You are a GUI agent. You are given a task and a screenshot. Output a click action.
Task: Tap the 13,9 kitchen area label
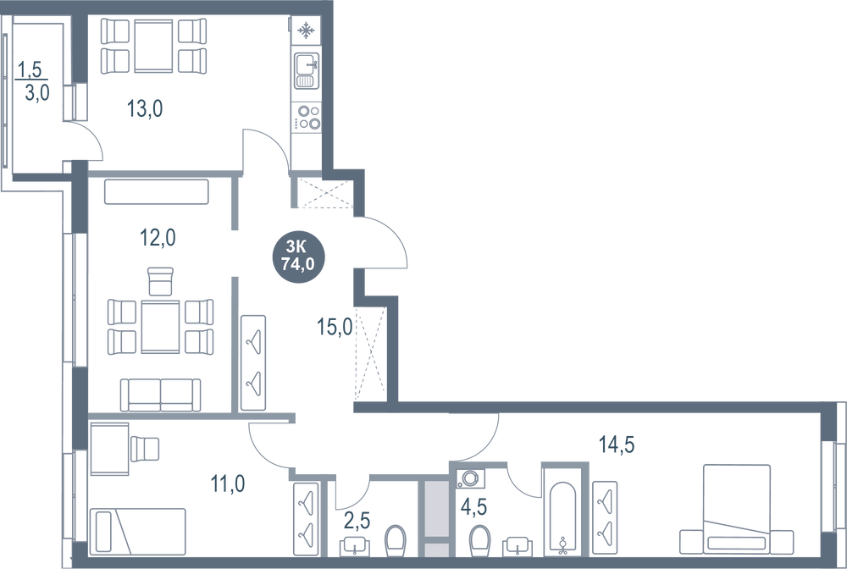pyautogui.click(x=144, y=108)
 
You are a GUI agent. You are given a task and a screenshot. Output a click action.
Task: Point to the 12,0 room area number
pyautogui.click(x=158, y=238)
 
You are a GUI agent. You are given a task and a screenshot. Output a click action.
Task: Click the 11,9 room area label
pyautogui.click(x=227, y=483)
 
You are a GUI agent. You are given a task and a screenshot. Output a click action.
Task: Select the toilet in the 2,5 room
pyautogui.click(x=393, y=539)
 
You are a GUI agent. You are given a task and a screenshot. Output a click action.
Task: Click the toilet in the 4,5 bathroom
pyautogui.click(x=479, y=539)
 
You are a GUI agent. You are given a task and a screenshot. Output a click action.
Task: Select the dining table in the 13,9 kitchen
pyautogui.click(x=153, y=43)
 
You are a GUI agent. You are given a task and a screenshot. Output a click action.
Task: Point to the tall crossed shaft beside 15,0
pyautogui.click(x=369, y=354)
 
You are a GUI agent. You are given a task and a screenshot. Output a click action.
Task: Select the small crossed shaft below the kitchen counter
pyautogui.click(x=319, y=195)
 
